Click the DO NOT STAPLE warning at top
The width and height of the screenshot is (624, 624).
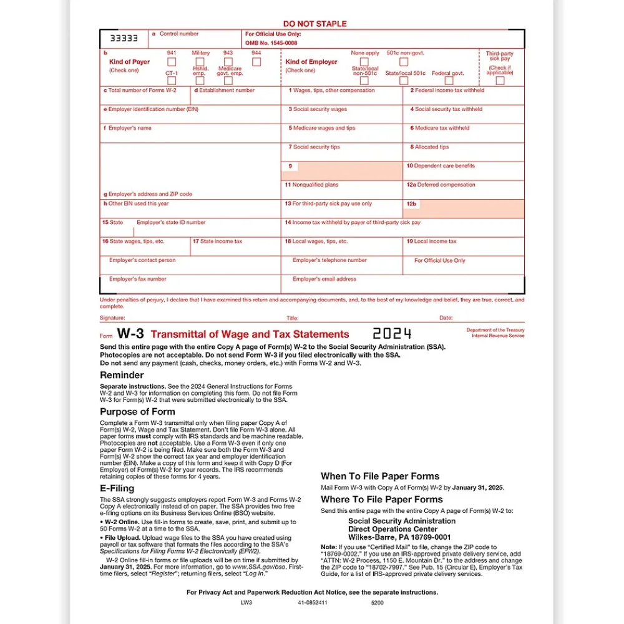(x=314, y=24)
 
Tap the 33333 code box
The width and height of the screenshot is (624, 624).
(x=124, y=38)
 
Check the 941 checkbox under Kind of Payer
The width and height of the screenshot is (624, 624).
(x=172, y=62)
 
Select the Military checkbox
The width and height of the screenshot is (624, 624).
(x=200, y=61)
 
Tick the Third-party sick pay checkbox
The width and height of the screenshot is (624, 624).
(x=500, y=80)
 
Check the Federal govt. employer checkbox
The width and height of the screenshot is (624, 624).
(x=447, y=80)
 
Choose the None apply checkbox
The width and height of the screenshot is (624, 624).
(x=364, y=62)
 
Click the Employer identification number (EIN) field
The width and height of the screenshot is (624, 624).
(x=190, y=115)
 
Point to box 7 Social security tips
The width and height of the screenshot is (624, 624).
(x=341, y=153)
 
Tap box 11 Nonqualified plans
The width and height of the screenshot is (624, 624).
(x=341, y=190)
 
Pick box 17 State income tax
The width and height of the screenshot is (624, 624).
(x=235, y=247)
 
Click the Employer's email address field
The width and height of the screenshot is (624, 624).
(x=402, y=285)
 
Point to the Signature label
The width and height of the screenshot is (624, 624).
(x=112, y=318)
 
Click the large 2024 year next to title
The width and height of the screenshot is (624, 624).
(x=392, y=334)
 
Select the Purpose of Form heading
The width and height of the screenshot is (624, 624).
(x=137, y=412)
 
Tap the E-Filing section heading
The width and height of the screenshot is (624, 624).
(x=117, y=489)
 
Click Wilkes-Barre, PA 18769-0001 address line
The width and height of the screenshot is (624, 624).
(x=399, y=537)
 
